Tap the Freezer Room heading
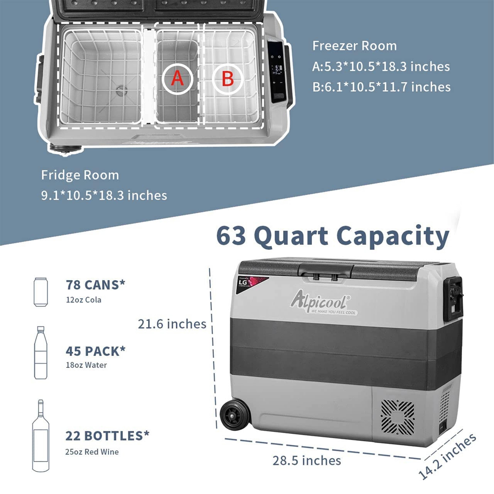(354, 46)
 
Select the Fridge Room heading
(80, 175)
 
